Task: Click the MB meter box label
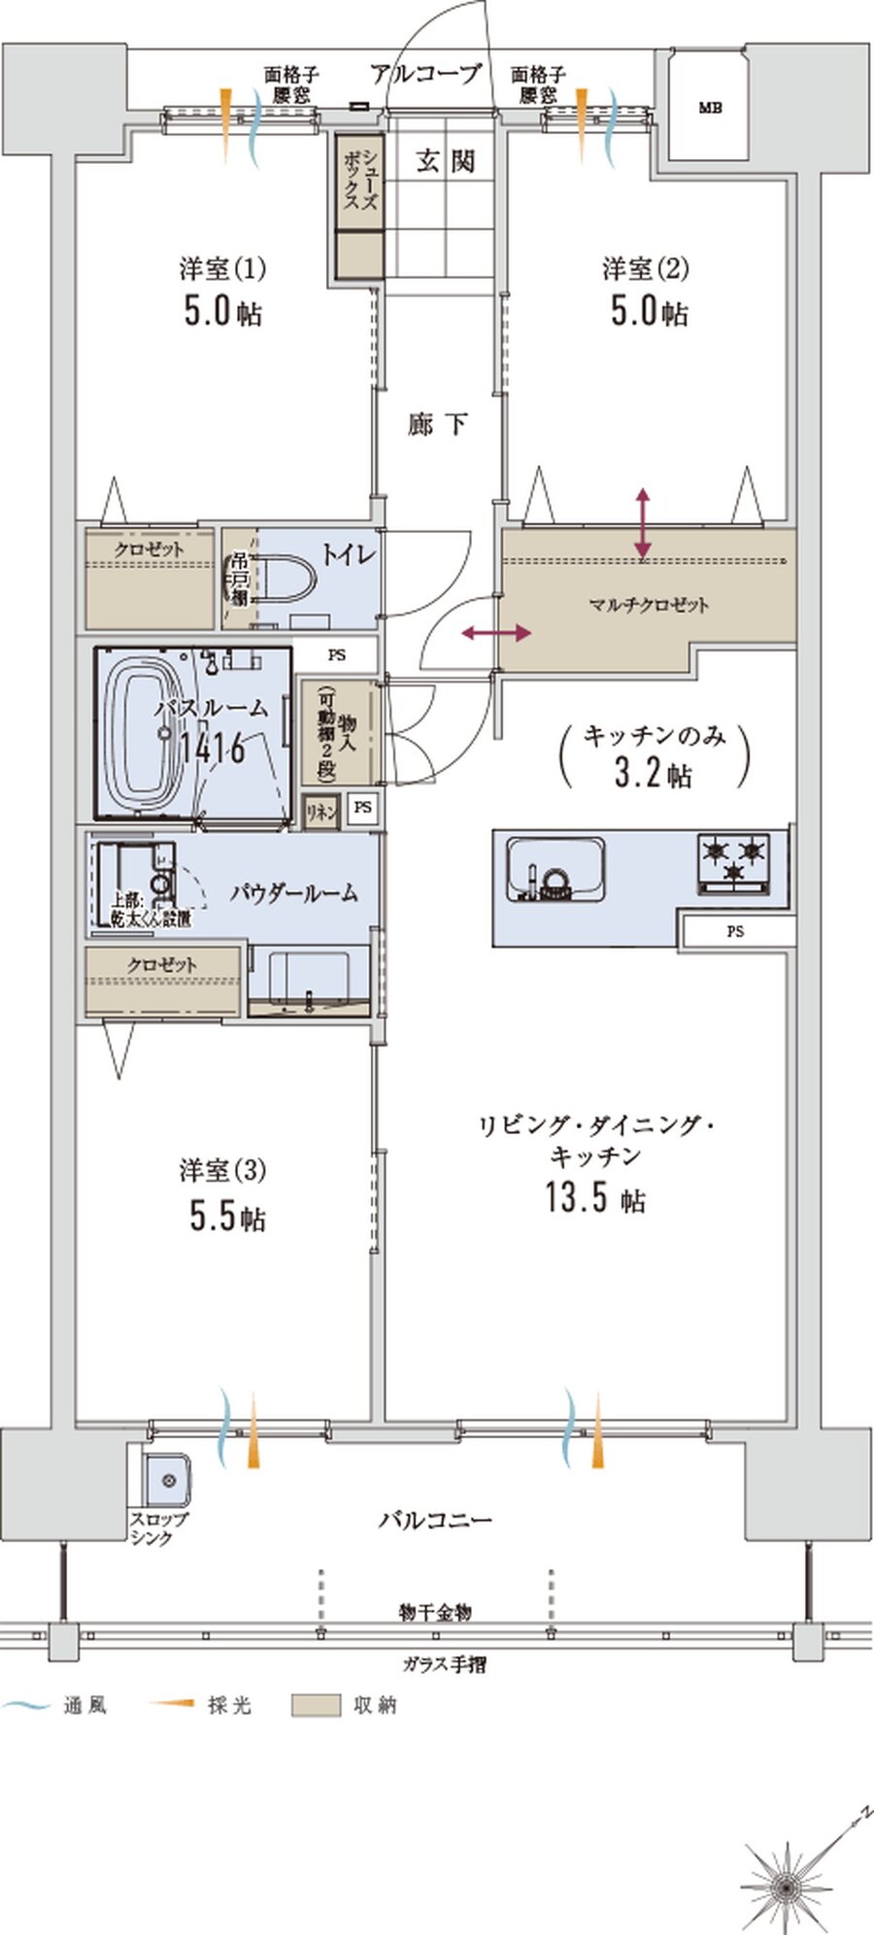709,109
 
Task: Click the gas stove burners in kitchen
734,860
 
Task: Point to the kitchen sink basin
555,870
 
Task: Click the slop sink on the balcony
166,1481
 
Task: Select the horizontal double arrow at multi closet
495,633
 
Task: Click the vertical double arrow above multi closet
643,524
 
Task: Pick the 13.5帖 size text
594,1198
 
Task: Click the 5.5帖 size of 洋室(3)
227,1217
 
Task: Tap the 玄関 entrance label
446,161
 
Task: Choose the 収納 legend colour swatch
316,1705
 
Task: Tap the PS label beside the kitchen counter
735,931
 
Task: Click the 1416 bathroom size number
212,749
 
